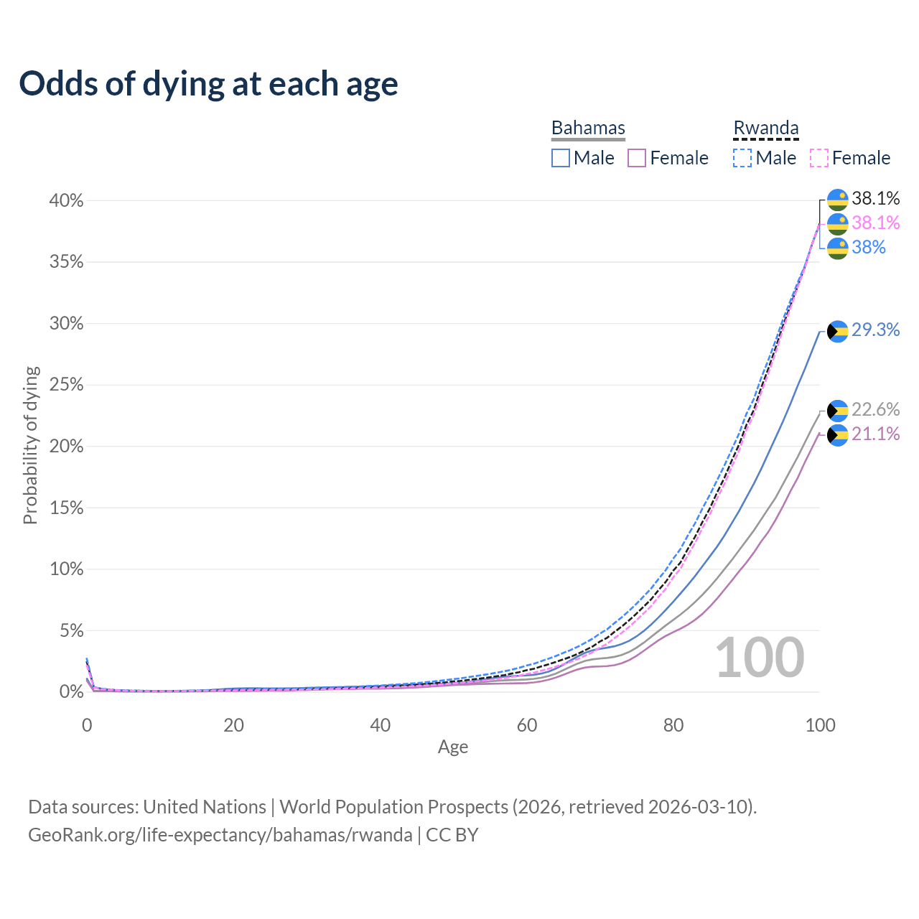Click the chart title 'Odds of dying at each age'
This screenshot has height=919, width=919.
coord(208,84)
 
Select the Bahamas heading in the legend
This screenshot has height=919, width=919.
coord(588,128)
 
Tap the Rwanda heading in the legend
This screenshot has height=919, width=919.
coord(765,128)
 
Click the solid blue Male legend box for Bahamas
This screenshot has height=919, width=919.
coord(561,158)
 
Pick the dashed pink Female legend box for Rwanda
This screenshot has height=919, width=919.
coord(819,158)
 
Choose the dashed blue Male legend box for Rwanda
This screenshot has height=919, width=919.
coord(742,158)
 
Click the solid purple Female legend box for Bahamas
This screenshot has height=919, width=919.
coord(637,158)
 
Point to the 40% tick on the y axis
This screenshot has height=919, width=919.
coord(66,201)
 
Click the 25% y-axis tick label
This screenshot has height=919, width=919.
coord(66,385)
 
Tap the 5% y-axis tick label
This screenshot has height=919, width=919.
coord(70,631)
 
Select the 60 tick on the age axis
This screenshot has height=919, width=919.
coord(527,725)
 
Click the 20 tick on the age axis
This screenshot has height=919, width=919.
coord(233,725)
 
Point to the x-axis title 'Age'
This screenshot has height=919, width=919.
coord(453,747)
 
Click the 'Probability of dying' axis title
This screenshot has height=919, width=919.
coord(30,446)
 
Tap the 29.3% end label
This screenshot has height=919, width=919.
coord(875,330)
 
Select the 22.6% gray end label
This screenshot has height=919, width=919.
coord(875,410)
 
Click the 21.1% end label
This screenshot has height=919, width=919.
coord(875,434)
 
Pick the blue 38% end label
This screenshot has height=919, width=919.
coord(869,248)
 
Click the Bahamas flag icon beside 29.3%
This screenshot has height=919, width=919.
coord(838,331)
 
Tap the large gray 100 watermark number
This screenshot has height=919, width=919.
coord(760,658)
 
